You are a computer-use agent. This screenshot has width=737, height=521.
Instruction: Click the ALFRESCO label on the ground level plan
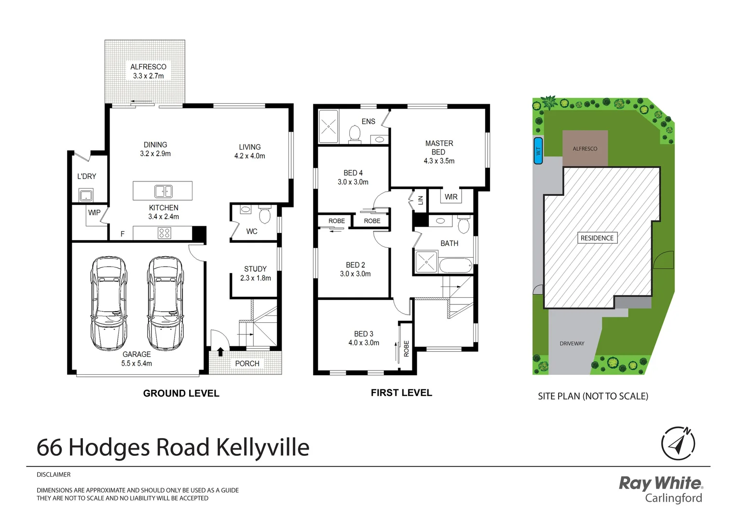[x=148, y=67]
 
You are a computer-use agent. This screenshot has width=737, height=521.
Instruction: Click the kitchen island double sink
[x=164, y=191]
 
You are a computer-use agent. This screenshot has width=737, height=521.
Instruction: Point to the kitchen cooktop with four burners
[x=164, y=233]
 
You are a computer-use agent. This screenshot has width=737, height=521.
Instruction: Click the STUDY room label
[x=255, y=269]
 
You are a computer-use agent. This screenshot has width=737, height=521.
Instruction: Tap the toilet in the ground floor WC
[x=265, y=214]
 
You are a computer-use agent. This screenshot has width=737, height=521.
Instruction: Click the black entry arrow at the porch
[x=220, y=351]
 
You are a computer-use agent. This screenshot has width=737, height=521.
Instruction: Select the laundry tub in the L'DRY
[x=86, y=195]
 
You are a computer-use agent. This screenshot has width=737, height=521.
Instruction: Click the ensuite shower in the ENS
[x=328, y=127]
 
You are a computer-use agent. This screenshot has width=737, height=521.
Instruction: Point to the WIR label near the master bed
[x=451, y=197]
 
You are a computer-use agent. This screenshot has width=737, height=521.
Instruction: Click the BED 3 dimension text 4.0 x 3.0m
[x=364, y=343]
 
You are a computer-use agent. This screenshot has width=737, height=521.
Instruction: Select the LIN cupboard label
[x=420, y=200]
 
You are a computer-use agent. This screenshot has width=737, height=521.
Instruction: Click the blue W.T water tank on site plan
[x=538, y=151]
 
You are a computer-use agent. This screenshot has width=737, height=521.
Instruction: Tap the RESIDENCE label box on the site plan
[x=597, y=238]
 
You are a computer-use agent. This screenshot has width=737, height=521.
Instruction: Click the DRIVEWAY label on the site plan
[x=572, y=343]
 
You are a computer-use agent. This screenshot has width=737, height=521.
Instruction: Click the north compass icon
[x=678, y=443]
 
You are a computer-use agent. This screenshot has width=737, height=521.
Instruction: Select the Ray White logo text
[x=660, y=483]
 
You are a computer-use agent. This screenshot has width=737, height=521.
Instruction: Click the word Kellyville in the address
[x=262, y=448]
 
